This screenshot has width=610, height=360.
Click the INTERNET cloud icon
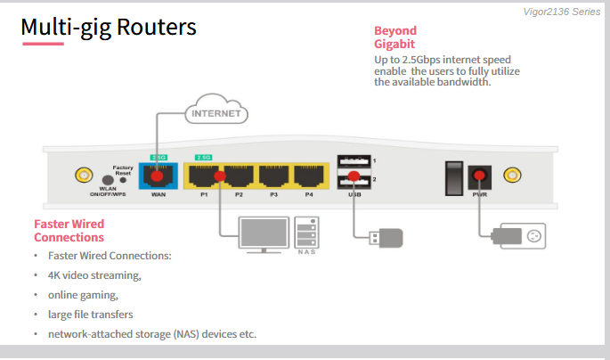216,113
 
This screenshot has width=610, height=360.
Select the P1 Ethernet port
202,174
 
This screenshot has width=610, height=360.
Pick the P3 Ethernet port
274,174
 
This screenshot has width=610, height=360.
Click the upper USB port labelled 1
353,161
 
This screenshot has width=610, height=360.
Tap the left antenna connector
83,174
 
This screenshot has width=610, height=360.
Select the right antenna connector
512,175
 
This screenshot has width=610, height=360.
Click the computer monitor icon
263,233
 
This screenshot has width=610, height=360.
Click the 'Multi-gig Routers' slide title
109,28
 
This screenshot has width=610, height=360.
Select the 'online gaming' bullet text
83,295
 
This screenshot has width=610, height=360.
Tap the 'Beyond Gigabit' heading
395,37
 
